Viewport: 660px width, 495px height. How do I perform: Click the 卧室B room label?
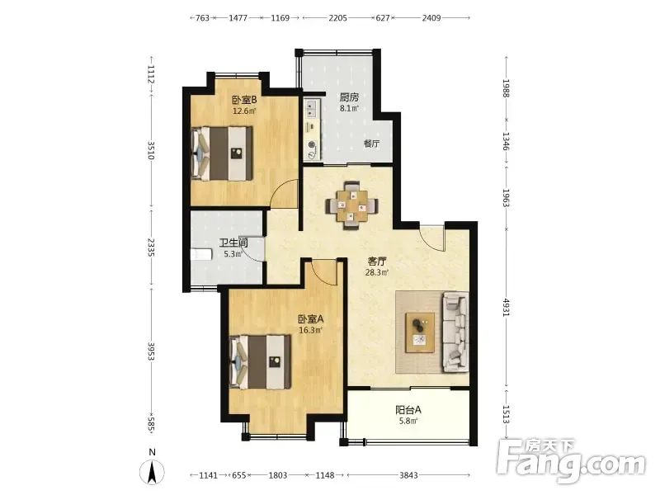[x=244, y=100]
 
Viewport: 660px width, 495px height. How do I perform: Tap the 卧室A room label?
[x=311, y=319]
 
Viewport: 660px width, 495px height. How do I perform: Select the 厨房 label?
[x=349, y=97]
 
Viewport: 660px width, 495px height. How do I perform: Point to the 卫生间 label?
[x=233, y=243]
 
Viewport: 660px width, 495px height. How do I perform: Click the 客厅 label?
[x=377, y=262]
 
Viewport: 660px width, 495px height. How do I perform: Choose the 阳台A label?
[x=408, y=409]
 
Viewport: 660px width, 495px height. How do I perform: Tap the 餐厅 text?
[x=372, y=144]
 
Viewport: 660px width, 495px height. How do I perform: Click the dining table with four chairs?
[x=351, y=205]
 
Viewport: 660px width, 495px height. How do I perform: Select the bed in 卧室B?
[x=222, y=153]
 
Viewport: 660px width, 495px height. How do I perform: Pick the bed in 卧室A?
[x=261, y=362]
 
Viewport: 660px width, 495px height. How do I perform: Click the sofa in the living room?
[x=455, y=332]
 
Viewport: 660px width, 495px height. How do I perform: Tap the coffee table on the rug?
[x=420, y=332]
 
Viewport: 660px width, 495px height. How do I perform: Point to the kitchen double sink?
[x=312, y=108]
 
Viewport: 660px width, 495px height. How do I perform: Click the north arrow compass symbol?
[x=153, y=471]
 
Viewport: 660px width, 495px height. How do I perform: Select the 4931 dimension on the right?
[x=507, y=308]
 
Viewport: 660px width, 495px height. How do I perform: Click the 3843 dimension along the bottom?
[x=408, y=475]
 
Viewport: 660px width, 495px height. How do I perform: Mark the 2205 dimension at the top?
[x=338, y=17]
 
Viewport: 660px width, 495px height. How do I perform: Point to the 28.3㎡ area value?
[x=377, y=272]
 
